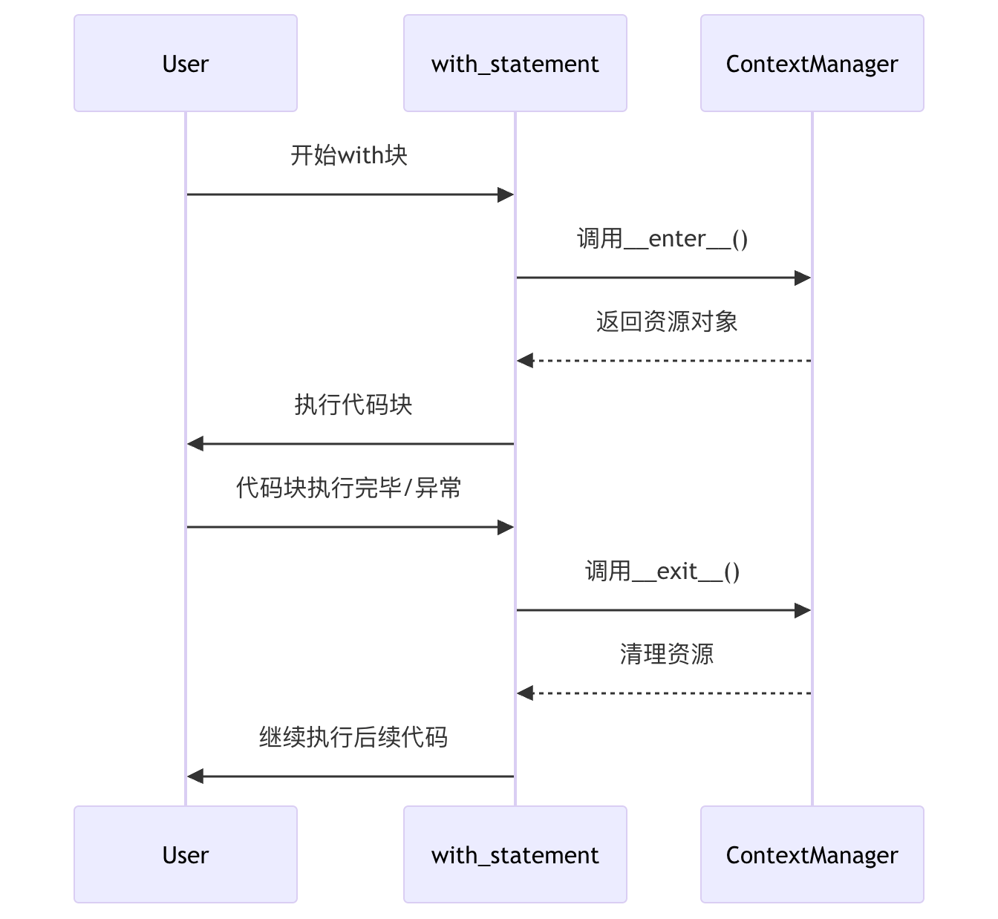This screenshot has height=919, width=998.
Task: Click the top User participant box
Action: pos(186,63)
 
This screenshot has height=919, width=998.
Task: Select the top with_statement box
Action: pos(515,63)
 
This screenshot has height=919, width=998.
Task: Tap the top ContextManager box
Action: pos(812,63)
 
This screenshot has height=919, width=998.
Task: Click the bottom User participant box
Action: pos(186,854)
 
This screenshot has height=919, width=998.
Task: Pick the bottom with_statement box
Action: pos(515,854)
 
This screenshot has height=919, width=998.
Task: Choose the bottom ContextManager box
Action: pos(812,854)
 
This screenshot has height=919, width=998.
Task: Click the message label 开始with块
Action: pos(349,155)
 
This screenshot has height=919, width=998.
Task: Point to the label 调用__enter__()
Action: pos(663,238)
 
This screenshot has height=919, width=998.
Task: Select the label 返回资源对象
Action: pos(666,321)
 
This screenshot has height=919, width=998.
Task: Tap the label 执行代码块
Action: pos(353,405)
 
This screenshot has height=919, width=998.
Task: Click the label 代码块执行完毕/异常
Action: pos(349,488)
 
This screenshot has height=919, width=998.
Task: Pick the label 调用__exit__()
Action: pos(663,571)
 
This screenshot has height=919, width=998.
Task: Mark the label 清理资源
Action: pos(666,654)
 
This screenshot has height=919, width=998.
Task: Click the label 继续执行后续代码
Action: pos(353,737)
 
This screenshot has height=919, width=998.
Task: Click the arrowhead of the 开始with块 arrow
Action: pos(506,194)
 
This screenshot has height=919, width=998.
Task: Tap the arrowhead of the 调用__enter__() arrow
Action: pos(803,278)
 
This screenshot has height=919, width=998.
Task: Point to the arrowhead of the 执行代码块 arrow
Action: pos(195,444)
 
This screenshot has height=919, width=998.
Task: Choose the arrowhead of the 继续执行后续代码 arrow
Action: pos(195,776)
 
